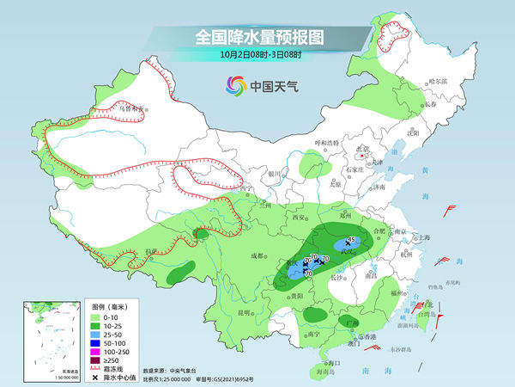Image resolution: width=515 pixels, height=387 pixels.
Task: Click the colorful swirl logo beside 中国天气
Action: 235,85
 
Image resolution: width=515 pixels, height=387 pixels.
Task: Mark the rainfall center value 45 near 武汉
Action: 350,241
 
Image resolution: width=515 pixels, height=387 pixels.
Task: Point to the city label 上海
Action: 421,237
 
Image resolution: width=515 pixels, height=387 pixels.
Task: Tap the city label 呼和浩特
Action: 325,142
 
